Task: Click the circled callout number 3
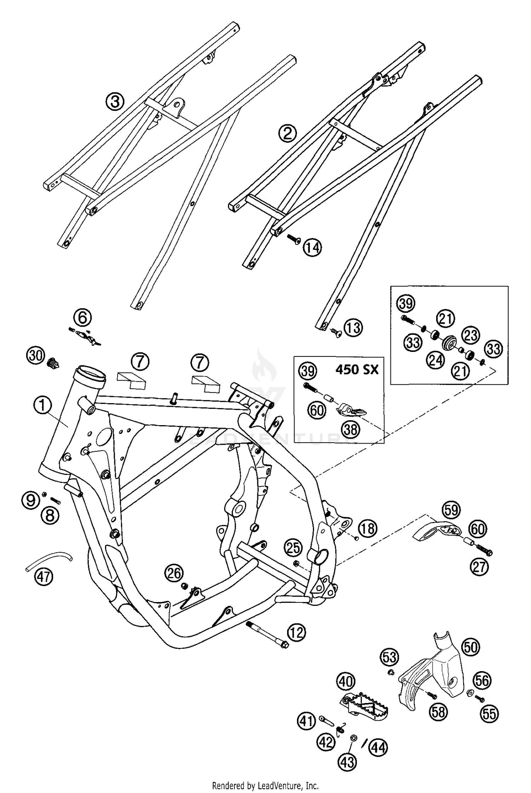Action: [x=115, y=102]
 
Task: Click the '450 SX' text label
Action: [x=356, y=370]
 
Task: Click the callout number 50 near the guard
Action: [x=471, y=647]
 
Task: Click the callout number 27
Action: [x=479, y=567]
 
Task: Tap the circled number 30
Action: [x=36, y=355]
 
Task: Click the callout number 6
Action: [x=82, y=318]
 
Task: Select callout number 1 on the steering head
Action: [x=43, y=405]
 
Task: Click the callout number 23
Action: [x=471, y=335]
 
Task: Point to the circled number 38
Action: [x=350, y=430]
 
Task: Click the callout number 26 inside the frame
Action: [x=174, y=574]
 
